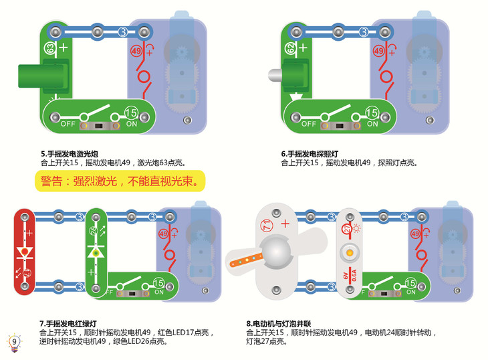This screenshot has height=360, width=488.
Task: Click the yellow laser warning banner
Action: point(118,181)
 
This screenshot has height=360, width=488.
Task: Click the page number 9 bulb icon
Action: point(14,342)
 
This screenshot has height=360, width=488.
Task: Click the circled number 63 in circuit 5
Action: point(49,48)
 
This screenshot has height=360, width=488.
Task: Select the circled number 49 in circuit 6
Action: point(378,52)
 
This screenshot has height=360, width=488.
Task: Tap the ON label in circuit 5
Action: point(131,124)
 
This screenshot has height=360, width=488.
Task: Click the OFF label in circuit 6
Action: point(308,124)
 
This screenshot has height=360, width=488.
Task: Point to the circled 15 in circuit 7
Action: point(158,283)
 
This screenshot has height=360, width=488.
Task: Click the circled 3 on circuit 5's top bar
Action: point(122,31)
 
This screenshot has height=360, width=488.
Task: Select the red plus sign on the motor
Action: point(285,223)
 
